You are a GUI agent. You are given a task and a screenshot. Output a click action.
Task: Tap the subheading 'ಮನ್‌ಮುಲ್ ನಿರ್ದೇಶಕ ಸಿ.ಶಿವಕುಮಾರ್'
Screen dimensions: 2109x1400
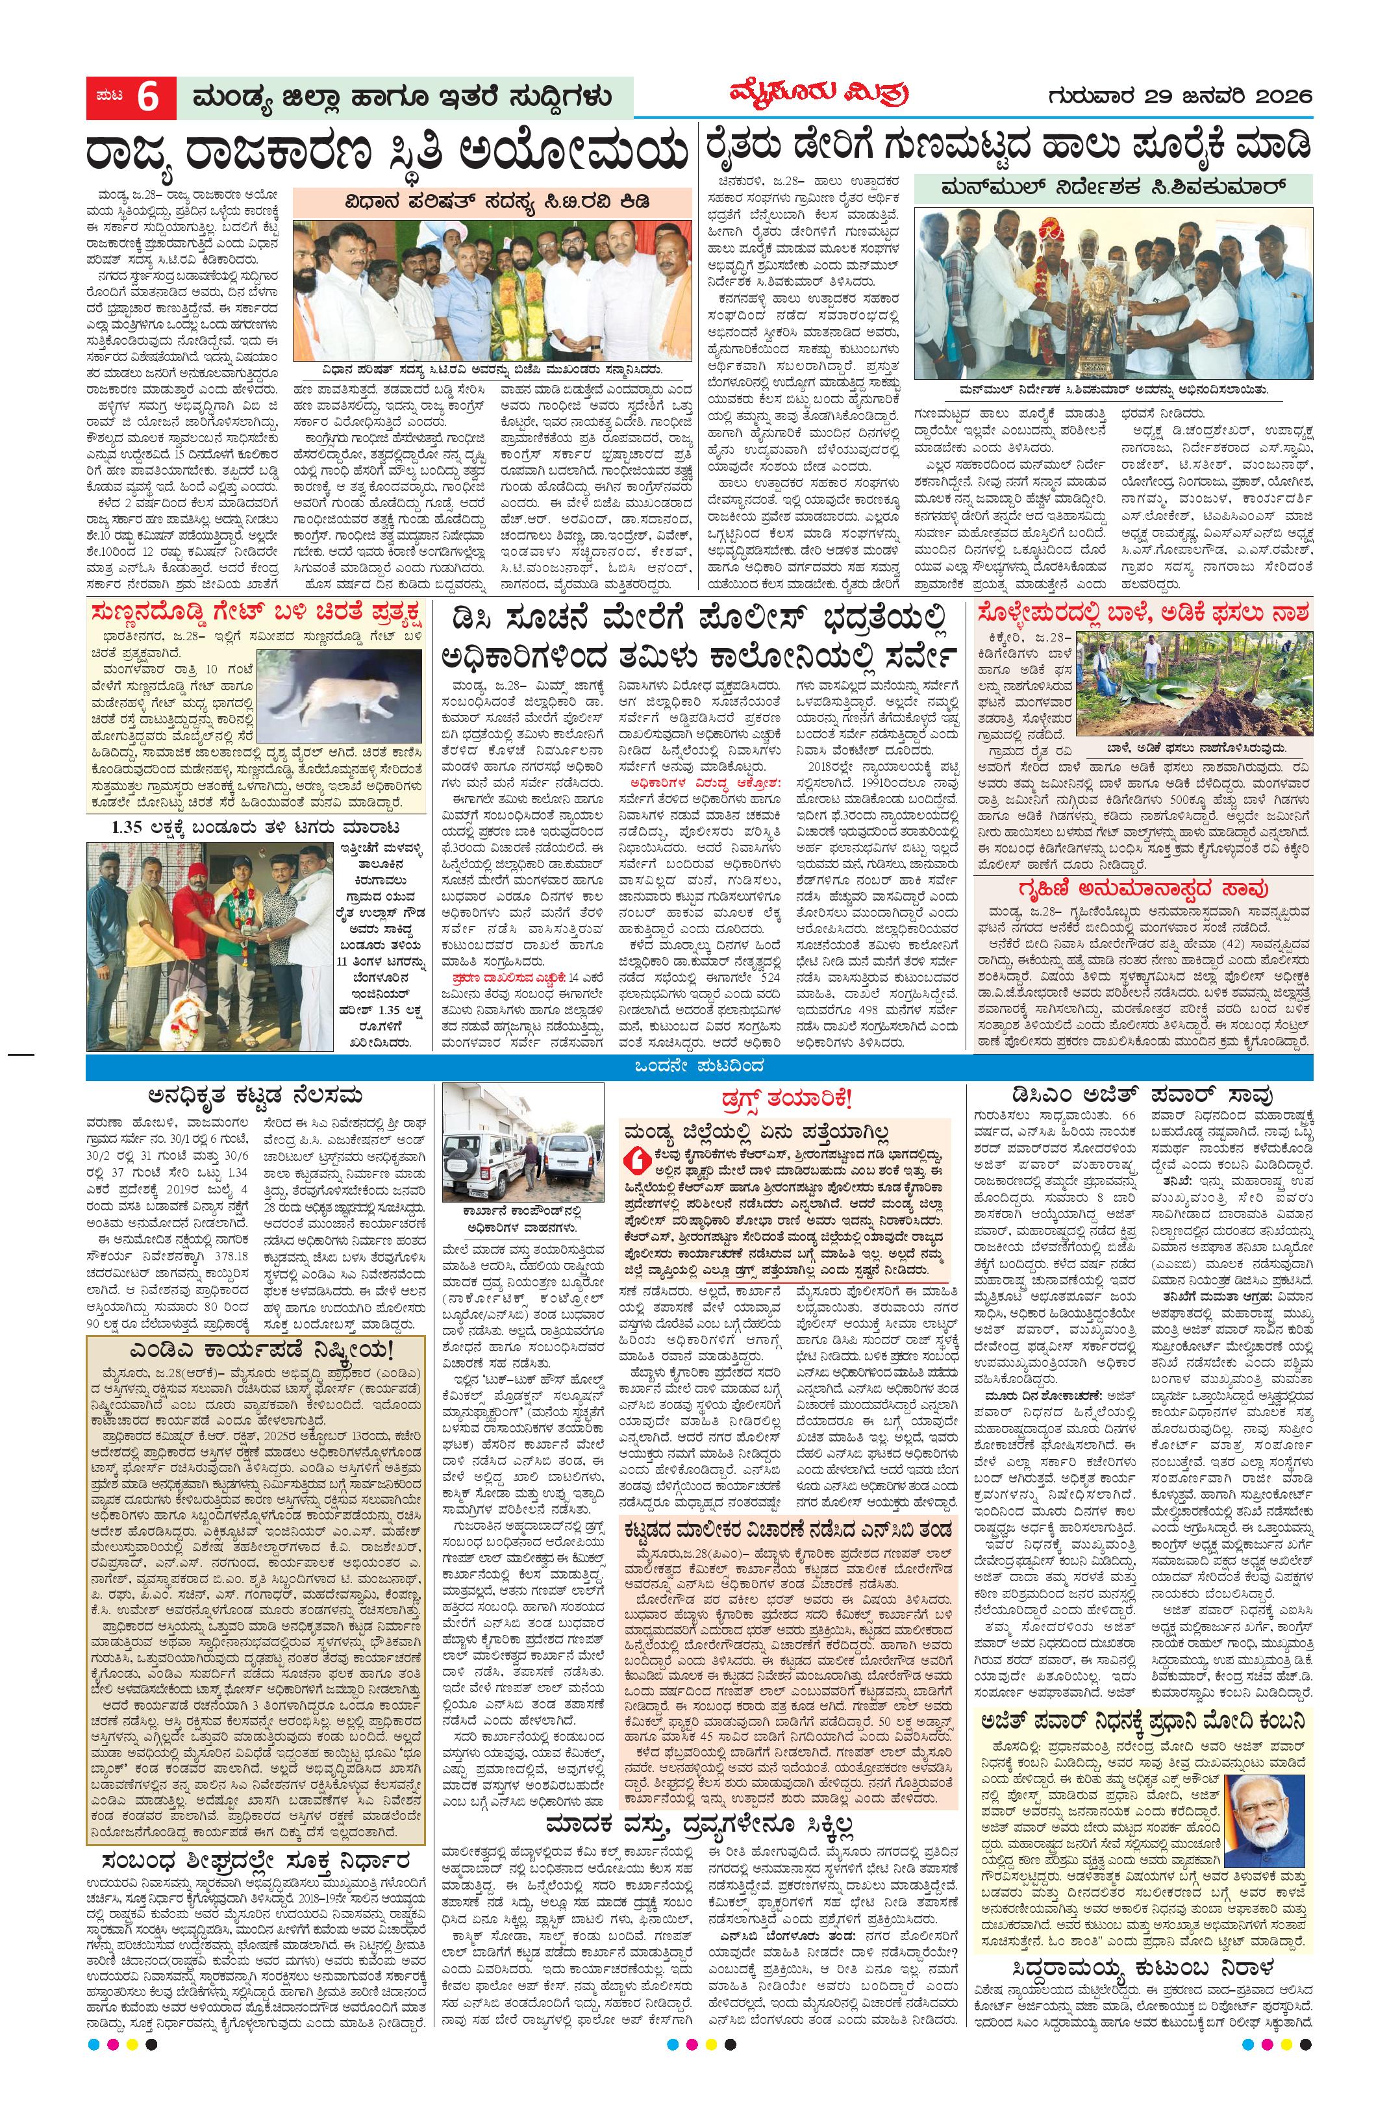(x=1112, y=188)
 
